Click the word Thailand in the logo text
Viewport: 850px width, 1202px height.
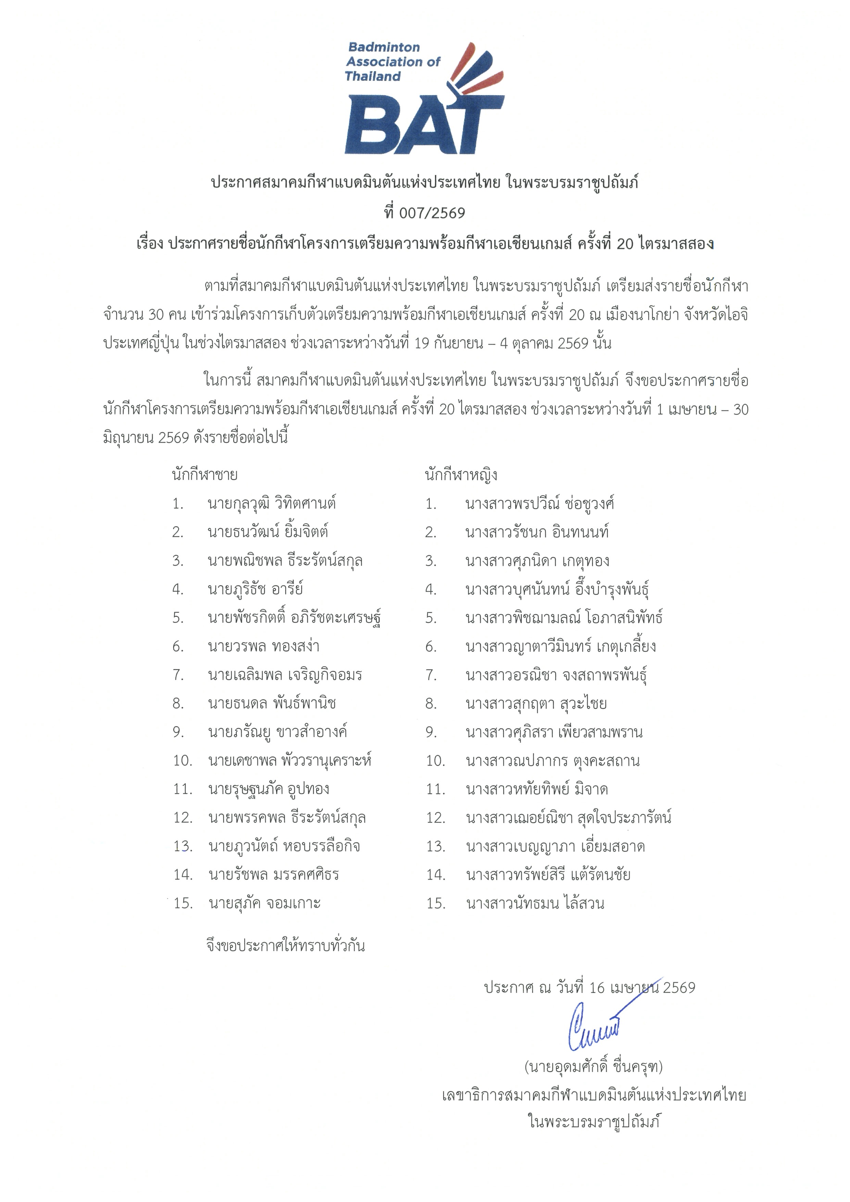(x=373, y=76)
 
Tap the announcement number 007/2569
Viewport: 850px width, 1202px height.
(x=432, y=213)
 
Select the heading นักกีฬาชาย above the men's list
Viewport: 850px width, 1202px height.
(x=205, y=475)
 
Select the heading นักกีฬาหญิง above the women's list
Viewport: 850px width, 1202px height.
(x=461, y=475)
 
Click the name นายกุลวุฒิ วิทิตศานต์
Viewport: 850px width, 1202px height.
(x=271, y=504)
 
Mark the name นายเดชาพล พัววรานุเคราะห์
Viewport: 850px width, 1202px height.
(x=289, y=761)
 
